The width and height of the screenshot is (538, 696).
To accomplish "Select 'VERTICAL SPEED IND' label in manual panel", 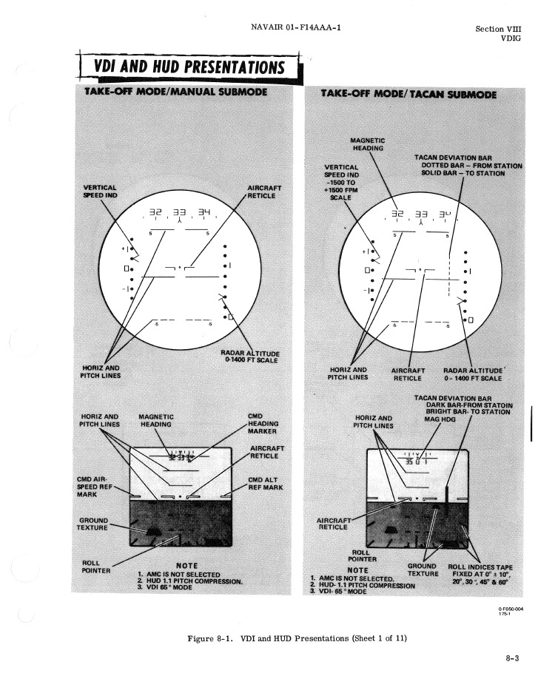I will pyautogui.click(x=98, y=191).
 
